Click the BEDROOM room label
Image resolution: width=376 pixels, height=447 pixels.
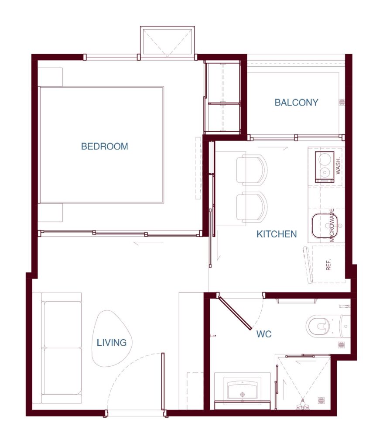[x=105, y=146]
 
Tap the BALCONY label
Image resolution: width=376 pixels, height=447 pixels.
[x=296, y=102]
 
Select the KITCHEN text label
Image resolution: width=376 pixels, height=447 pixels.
[x=277, y=234]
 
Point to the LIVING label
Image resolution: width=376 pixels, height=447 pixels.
[x=112, y=342]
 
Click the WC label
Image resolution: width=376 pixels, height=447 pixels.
[x=264, y=334]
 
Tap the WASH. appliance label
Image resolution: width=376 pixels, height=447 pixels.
[x=338, y=166]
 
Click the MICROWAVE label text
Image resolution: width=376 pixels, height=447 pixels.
[x=332, y=225]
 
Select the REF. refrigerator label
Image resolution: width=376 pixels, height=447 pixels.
[x=328, y=265]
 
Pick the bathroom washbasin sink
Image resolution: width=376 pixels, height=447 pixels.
[x=243, y=389]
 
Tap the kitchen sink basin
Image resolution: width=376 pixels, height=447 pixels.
[x=325, y=226]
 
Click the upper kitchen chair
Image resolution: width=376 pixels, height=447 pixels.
[x=252, y=170]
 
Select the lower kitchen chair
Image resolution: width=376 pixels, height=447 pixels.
[x=252, y=207]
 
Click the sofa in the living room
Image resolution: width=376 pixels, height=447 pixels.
[x=62, y=348]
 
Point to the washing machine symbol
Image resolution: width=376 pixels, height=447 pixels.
[x=325, y=167]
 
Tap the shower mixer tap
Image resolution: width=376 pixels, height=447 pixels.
[x=303, y=405]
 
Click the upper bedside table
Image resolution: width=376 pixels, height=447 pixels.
[x=50, y=77]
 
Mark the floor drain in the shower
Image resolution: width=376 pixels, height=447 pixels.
[x=321, y=401]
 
